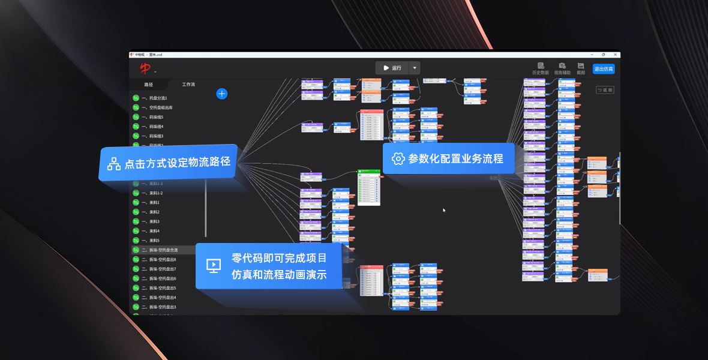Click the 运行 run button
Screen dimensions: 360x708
coord(392,68)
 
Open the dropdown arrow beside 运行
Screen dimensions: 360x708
coord(415,68)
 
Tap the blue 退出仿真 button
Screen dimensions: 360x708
coord(603,69)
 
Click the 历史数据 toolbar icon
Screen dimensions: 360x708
coord(540,68)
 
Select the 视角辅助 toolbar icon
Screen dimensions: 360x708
coord(562,68)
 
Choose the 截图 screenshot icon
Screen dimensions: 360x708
coord(581,68)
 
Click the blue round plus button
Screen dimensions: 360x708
coord(222,94)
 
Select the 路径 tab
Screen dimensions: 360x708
coord(149,85)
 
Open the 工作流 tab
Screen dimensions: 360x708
coord(188,85)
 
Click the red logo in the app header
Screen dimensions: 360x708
coord(145,69)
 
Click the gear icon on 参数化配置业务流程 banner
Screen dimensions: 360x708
coord(398,159)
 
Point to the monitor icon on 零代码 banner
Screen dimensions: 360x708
coord(214,266)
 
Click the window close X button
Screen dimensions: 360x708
coord(615,55)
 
